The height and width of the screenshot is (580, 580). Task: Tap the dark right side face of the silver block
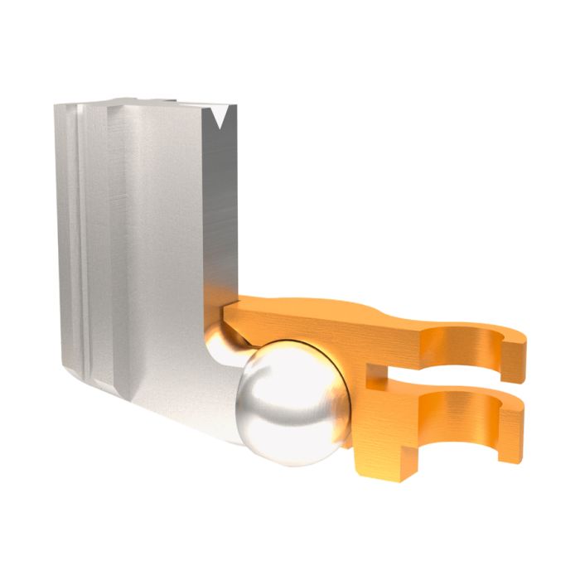point(220,207)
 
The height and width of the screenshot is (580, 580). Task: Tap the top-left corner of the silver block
point(58,107)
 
